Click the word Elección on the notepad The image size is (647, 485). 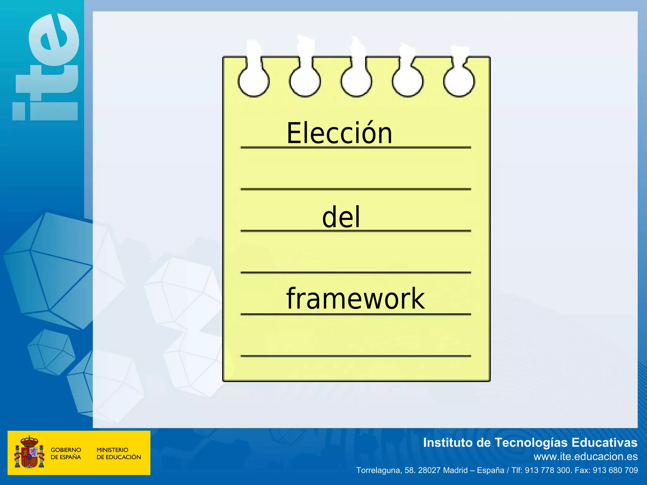[339, 133]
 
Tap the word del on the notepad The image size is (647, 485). [341, 217]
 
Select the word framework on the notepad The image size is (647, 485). [355, 299]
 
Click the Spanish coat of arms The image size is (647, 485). [29, 452]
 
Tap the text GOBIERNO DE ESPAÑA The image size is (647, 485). [66, 453]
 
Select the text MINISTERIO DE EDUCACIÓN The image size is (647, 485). [118, 453]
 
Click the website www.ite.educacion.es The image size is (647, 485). [585, 457]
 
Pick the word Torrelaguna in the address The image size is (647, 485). [378, 470]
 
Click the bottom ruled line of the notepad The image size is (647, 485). [355, 356]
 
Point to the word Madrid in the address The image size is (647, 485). [455, 470]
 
